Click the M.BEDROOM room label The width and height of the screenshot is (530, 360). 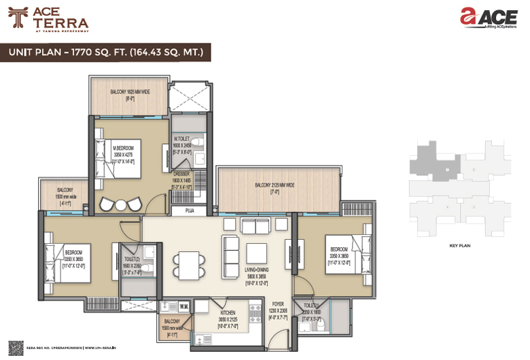[x=124, y=147]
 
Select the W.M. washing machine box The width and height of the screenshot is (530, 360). [x=184, y=307]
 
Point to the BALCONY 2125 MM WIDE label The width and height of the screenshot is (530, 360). [x=275, y=185]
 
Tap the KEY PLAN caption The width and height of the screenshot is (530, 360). [x=459, y=245]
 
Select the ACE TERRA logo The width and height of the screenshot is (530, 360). [x=48, y=20]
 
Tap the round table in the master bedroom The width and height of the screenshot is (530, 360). [x=120, y=204]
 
